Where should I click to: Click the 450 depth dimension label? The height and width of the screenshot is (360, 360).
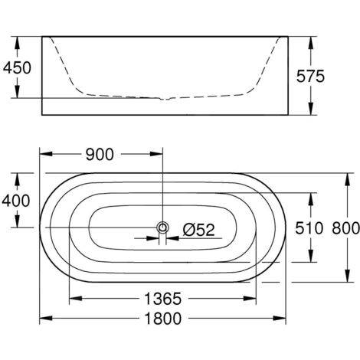pos(17,67)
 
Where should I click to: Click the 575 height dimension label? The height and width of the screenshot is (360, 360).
pos(310,76)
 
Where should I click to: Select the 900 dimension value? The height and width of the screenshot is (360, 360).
pos(100,155)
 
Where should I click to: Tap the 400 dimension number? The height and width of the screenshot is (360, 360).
pos(16,201)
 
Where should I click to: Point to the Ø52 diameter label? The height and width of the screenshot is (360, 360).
pos(199,230)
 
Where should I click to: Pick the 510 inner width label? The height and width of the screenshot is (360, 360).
pos(309,228)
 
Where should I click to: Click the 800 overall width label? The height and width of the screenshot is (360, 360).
pos(346,228)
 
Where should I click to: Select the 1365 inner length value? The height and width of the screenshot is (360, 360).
pos(163,299)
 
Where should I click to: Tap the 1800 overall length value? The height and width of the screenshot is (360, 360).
pos(163,319)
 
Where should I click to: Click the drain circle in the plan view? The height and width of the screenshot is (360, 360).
pos(162,227)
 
